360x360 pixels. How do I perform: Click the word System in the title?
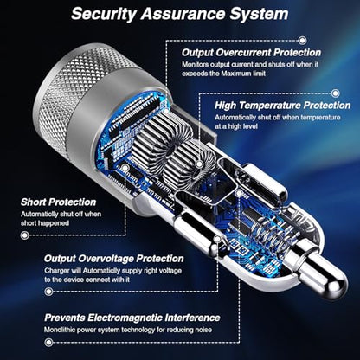click(x=259, y=14)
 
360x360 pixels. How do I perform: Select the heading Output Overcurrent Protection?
click(x=251, y=53)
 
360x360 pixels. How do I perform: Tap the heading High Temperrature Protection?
click(x=282, y=106)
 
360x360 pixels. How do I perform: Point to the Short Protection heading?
click(x=58, y=202)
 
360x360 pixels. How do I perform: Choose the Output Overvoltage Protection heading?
click(x=114, y=259)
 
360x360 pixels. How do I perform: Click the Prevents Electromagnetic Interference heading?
click(x=132, y=318)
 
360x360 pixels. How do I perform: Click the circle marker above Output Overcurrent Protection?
click(x=302, y=40)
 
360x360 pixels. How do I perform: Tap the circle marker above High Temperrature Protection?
click(x=335, y=93)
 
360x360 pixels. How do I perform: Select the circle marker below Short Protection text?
click(x=25, y=235)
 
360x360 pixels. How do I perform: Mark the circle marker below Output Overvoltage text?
click(x=49, y=292)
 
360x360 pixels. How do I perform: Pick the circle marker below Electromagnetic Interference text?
click(x=49, y=343)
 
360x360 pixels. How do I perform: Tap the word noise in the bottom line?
click(x=203, y=330)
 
